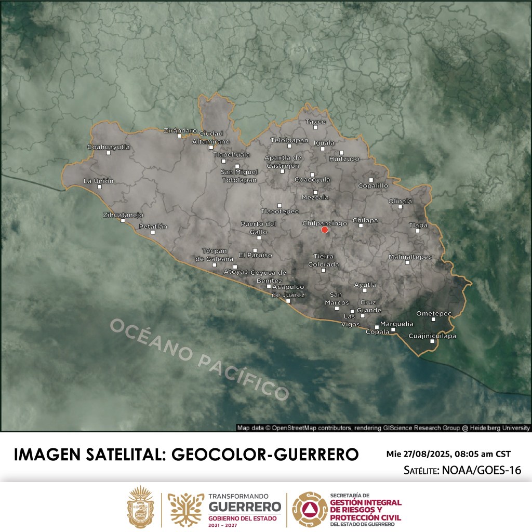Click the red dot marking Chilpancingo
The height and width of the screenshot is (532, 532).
[325, 230]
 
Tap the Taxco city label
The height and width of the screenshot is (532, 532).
[315, 122]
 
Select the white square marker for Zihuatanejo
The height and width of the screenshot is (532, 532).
[123, 221]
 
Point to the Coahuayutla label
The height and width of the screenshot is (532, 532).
[109, 147]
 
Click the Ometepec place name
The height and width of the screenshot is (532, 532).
[434, 313]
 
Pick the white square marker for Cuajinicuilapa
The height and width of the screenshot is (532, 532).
[432, 341]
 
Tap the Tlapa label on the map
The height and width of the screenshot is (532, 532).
[418, 225]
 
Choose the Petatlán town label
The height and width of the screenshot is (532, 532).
[153, 226]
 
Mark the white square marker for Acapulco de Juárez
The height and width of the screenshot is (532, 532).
[288, 301]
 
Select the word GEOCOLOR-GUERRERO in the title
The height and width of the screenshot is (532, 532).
[264, 454]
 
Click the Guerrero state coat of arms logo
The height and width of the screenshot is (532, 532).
[141, 507]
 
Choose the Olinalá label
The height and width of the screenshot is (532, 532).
[400, 201]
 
